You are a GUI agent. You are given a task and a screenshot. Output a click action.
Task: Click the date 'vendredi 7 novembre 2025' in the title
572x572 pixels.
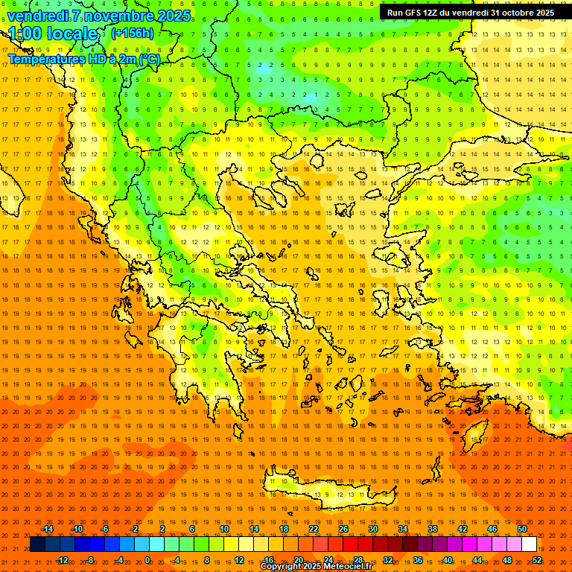98,16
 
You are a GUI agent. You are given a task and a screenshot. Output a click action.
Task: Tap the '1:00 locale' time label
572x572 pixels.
54,34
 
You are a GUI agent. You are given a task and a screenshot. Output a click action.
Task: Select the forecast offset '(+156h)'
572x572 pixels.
133,34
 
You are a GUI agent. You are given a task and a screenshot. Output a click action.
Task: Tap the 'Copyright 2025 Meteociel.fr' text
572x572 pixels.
317,567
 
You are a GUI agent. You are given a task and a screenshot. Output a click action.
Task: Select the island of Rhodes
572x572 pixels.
474,432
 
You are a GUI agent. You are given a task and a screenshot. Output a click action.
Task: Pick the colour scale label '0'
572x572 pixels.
148,560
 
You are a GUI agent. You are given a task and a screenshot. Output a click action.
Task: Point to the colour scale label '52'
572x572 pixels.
536,560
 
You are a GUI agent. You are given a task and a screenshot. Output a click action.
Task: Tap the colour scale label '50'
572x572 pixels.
522,529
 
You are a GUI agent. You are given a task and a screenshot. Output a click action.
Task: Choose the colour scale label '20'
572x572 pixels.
298,560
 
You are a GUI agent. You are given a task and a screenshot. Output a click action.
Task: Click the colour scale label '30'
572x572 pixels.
373,529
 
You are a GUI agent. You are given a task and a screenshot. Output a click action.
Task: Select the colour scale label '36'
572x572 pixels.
418,560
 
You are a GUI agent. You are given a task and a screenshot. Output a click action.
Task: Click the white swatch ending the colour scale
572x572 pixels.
529,544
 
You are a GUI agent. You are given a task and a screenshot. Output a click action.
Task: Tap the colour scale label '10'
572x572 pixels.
224,529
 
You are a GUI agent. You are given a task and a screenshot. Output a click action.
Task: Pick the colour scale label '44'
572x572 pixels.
477,560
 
